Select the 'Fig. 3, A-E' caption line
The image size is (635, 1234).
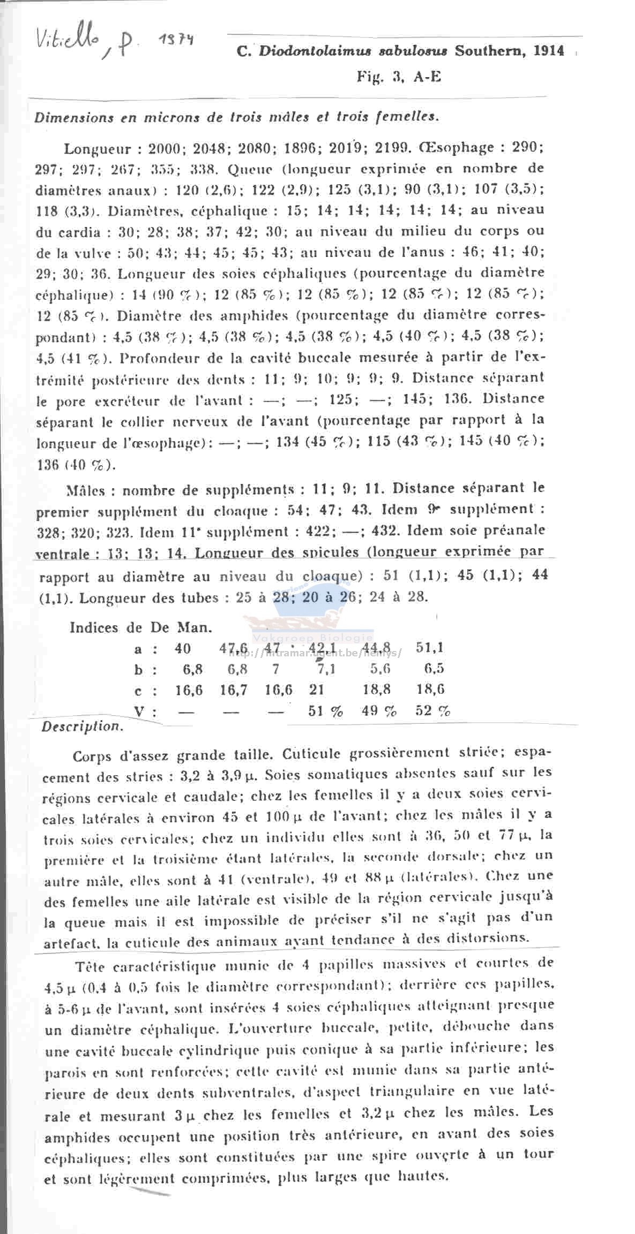(399, 77)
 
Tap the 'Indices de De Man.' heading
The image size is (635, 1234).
(140, 627)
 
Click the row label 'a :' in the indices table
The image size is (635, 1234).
(145, 649)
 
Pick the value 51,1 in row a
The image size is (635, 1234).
(429, 647)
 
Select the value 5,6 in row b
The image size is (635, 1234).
(380, 669)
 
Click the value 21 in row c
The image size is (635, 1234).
(316, 689)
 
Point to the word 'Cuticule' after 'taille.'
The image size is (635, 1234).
(311, 753)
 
